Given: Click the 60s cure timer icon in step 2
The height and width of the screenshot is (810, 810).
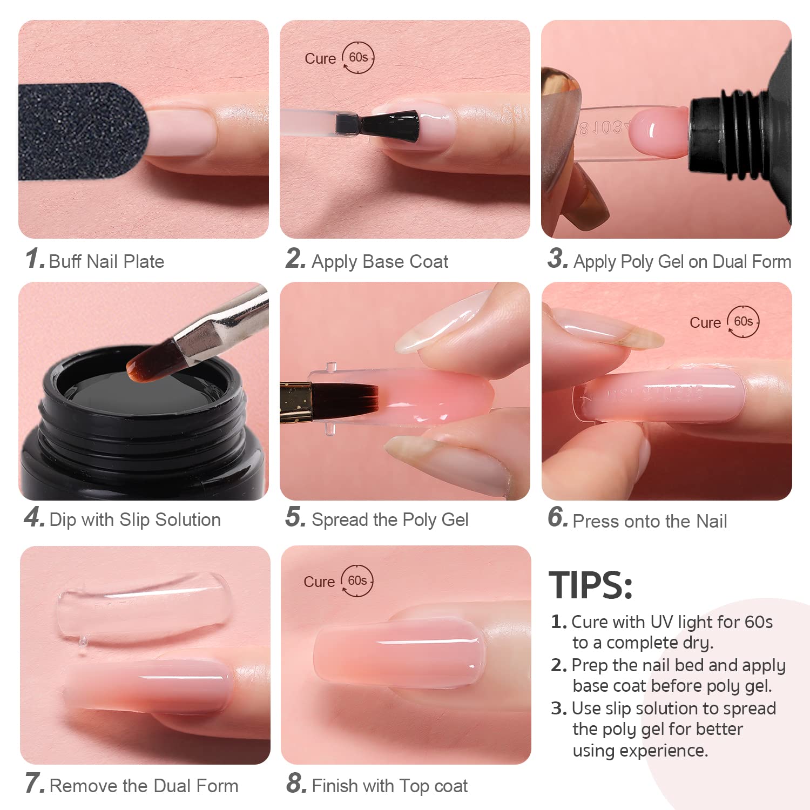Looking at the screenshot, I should (358, 58).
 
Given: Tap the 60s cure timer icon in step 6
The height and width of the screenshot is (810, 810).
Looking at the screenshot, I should (743, 322).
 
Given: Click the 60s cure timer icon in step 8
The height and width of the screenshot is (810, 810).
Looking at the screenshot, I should (357, 581).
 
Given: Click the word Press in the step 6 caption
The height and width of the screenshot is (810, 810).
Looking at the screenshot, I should (596, 522).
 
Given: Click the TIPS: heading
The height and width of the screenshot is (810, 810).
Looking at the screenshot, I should (590, 585).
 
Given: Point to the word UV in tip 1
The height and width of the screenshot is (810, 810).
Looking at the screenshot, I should (661, 622).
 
